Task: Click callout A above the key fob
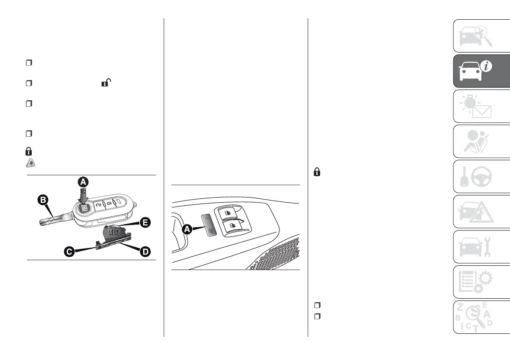pyautogui.click(x=83, y=182)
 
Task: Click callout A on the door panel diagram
pyautogui.click(x=187, y=230)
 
